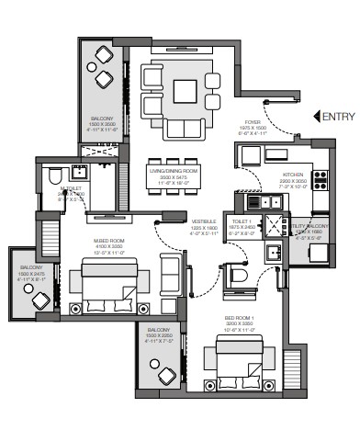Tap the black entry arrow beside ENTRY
coord(317,116)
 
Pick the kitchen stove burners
coord(321,181)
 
